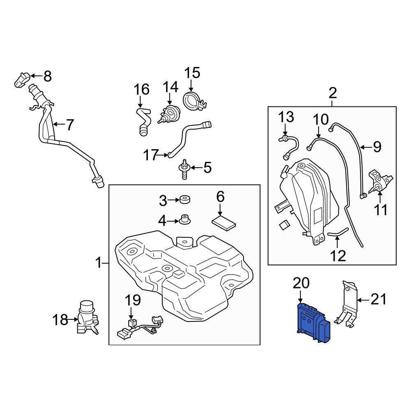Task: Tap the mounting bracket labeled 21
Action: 347,304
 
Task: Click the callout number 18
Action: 60,319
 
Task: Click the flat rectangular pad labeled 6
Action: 224,223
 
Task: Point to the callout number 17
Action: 151,155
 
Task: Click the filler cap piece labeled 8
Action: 22,79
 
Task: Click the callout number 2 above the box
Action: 332,93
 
